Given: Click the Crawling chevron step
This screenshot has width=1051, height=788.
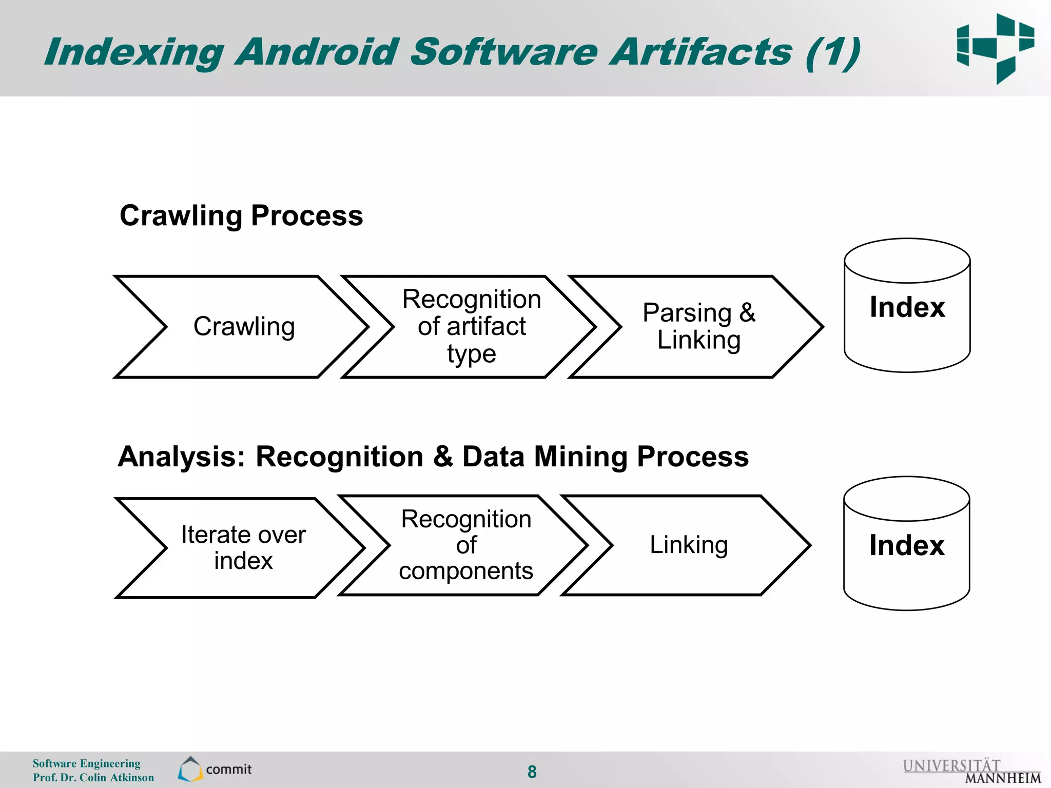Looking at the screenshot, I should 244,327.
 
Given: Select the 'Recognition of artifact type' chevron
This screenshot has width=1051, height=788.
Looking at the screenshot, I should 471,327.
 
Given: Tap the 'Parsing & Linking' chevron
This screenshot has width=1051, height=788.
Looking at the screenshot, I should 698,327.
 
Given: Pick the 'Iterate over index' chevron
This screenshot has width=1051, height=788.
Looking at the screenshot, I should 243,547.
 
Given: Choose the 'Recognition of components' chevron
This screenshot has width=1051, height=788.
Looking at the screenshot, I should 466,545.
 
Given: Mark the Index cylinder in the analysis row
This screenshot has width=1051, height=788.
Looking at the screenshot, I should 906,544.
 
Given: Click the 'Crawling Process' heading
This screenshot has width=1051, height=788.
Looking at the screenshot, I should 241,215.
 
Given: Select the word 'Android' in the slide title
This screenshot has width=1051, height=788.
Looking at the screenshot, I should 317,52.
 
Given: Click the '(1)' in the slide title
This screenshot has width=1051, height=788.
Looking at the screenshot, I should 832,52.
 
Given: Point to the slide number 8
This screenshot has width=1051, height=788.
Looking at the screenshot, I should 532,772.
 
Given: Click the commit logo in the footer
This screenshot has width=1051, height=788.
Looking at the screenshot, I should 215,769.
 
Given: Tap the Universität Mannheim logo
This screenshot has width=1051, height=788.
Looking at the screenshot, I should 971,771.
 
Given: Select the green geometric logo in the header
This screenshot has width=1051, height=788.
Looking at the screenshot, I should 995,49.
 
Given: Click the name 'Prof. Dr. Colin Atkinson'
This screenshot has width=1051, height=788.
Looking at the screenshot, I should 93,778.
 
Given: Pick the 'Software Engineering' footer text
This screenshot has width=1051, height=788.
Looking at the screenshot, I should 86,763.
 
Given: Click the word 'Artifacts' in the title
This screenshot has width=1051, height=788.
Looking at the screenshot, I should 700,52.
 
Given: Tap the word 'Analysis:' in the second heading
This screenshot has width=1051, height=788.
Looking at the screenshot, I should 182,457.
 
